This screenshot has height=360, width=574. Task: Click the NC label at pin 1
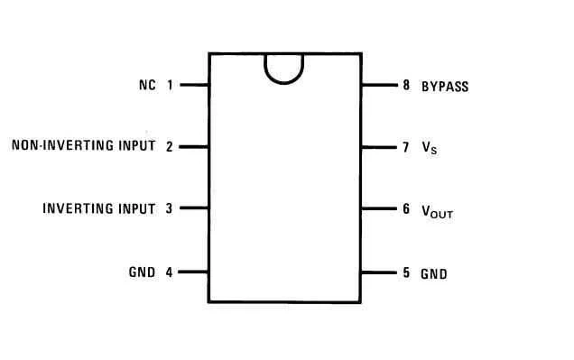147,85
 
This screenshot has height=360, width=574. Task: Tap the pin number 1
170,85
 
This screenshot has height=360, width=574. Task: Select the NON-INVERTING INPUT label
83,145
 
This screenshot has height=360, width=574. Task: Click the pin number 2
169,147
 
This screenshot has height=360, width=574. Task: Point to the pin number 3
169,208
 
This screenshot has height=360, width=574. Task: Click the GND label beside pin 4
142,272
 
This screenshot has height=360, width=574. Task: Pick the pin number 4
169,272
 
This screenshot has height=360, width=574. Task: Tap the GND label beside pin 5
434,274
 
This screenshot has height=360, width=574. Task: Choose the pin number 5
406,272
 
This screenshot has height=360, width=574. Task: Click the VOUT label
438,211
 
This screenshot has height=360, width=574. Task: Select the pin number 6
406,208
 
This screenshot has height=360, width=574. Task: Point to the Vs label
430,148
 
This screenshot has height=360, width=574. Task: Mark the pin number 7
405,147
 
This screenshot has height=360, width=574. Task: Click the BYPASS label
445,87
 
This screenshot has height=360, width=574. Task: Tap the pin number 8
406,85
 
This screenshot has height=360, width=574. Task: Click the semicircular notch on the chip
284,83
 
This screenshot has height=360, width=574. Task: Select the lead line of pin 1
194,85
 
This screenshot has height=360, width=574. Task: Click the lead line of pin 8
380,85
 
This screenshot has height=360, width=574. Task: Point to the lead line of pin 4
193,272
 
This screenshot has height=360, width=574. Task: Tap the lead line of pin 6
379,208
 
